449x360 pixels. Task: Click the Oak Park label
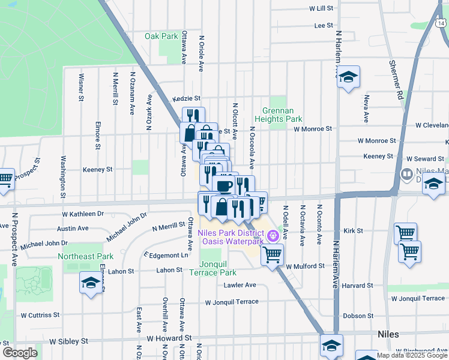pyautogui.click(x=161, y=36)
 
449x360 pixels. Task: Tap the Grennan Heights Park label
pyautogui.click(x=282, y=115)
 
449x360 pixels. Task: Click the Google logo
pyautogui.click(x=19, y=353)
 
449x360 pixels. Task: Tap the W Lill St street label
pyautogui.click(x=321, y=8)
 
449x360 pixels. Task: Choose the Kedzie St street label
pyautogui.click(x=186, y=98)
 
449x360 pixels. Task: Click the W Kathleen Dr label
pyautogui.click(x=83, y=214)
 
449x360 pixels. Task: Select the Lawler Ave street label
pyautogui.click(x=241, y=285)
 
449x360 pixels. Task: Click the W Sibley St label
pyautogui.click(x=68, y=341)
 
